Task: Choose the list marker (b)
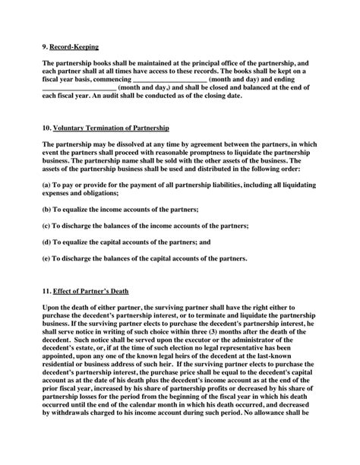tap(47, 208)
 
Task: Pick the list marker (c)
tap(47, 226)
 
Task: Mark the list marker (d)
tap(47, 243)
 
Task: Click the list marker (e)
tap(47, 261)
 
